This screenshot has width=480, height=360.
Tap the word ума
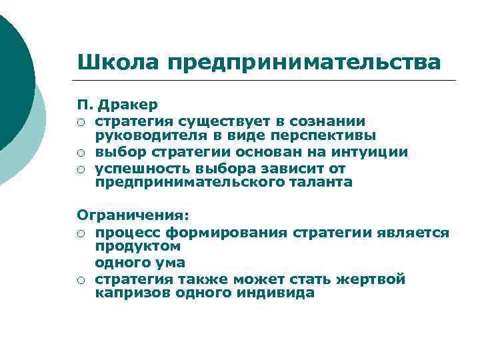click(x=169, y=263)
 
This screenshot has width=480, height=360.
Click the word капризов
click(x=133, y=293)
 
